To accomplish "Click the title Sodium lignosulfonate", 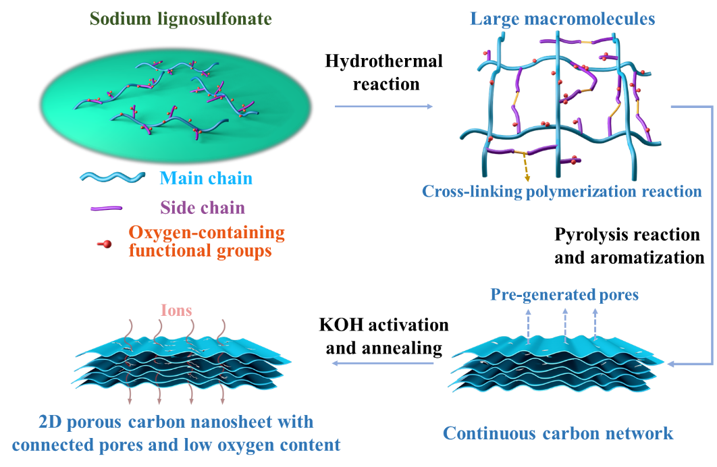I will pos(181,19).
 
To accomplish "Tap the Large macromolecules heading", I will pos(562,19).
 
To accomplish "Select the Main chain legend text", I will pos(206,179).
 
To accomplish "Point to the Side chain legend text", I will pos(203,208).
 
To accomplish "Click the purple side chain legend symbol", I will pos(106,209).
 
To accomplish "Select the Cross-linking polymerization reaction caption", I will pos(562,192).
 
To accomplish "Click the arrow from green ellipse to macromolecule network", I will pos(383,107).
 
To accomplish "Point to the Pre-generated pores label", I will pos(564,295).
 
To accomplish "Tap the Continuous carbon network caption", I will pos(558,433).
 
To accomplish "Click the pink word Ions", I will pos(176,311).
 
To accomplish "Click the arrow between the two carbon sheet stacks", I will pos(383,364).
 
